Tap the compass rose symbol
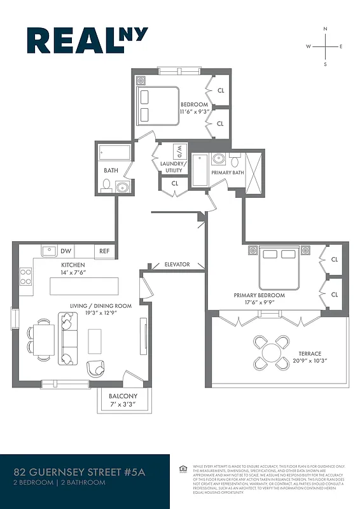[325, 46]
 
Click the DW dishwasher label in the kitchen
[66, 251]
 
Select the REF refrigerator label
[104, 251]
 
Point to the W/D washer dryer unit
[180, 153]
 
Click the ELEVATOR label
[177, 264]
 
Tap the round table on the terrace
[271, 352]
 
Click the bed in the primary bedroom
[279, 267]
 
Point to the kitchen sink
[48, 251]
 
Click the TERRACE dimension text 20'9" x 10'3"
[310, 361]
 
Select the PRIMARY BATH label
[227, 172]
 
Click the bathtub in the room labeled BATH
[115, 153]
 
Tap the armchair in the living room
[96, 368]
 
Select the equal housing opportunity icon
[183, 470]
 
